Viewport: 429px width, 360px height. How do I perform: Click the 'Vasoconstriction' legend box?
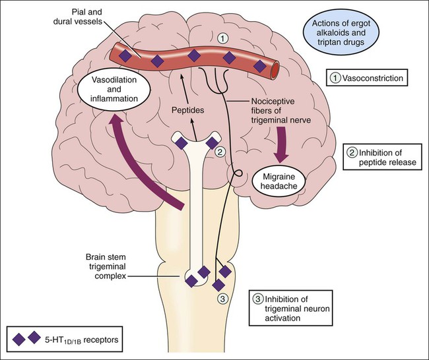point(366,78)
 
